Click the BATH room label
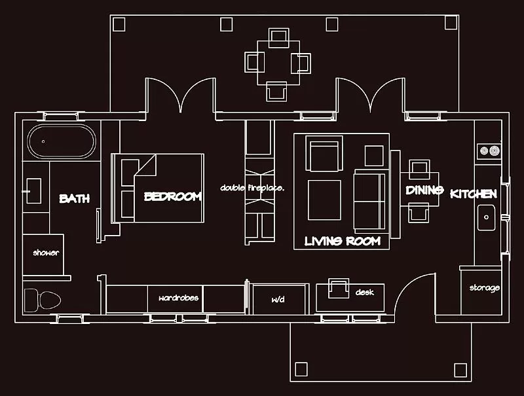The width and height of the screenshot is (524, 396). (74, 198)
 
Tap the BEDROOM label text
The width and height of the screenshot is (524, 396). (173, 196)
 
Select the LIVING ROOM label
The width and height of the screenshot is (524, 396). (343, 241)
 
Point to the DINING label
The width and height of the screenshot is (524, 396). (424, 190)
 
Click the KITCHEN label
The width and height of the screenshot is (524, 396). (474, 194)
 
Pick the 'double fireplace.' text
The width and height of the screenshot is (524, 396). (252, 188)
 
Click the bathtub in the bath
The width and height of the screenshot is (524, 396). (62, 141)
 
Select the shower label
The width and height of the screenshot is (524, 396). (46, 253)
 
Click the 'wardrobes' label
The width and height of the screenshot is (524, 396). (178, 298)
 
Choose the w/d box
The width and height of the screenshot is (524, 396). (278, 300)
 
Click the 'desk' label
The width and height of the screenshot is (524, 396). (364, 293)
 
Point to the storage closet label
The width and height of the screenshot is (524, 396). (485, 288)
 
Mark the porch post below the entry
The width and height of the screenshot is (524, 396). (301, 369)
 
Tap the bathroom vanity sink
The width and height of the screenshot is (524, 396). (33, 190)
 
